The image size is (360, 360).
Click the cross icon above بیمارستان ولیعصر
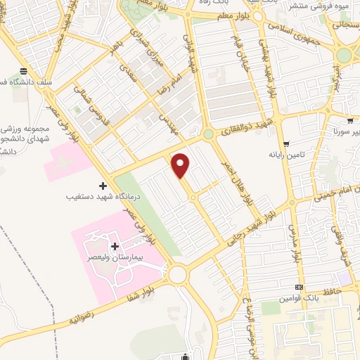pos(115,247)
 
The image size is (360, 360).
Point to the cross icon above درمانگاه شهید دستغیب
pos(103,186)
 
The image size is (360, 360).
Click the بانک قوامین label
pos(300,298)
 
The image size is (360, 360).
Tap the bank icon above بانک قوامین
pos(300,287)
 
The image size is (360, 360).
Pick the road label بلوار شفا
pos(139,288)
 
